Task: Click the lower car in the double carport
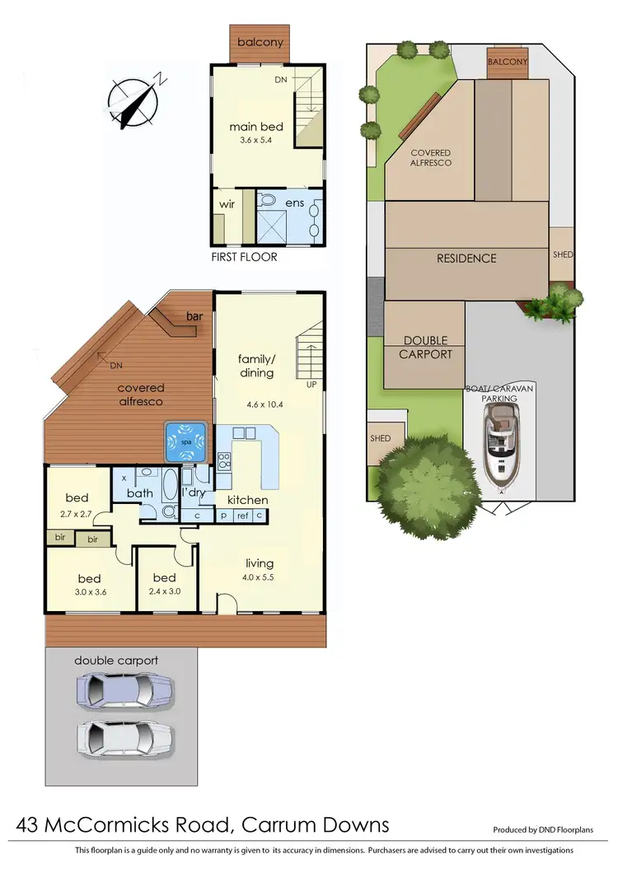(125, 735)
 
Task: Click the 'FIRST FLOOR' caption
(244, 257)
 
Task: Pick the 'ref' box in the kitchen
(243, 516)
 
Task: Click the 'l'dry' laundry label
(193, 493)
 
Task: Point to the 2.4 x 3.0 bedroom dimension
(164, 591)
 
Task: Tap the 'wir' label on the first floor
(227, 202)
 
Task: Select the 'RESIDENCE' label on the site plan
(466, 258)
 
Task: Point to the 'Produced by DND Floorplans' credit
(543, 830)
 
